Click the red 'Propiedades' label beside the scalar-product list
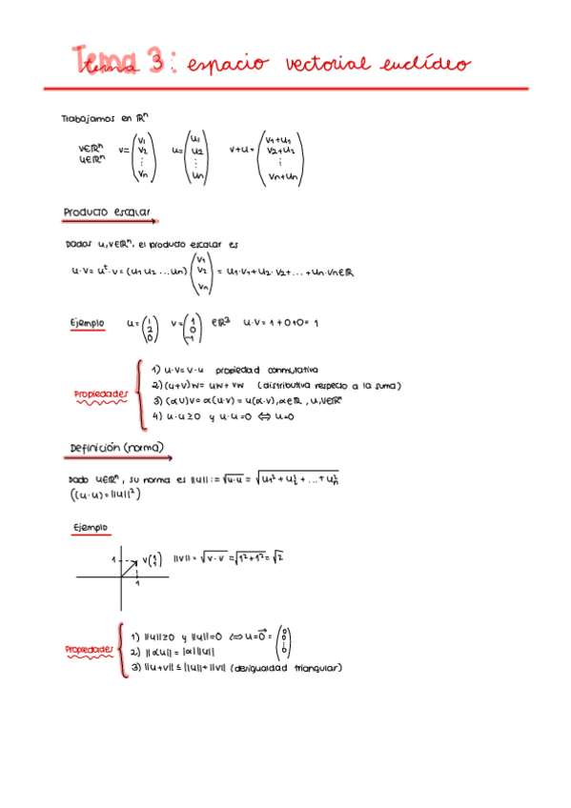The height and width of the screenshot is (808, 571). click(100, 394)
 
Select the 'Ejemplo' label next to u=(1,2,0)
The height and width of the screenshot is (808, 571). click(87, 324)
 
